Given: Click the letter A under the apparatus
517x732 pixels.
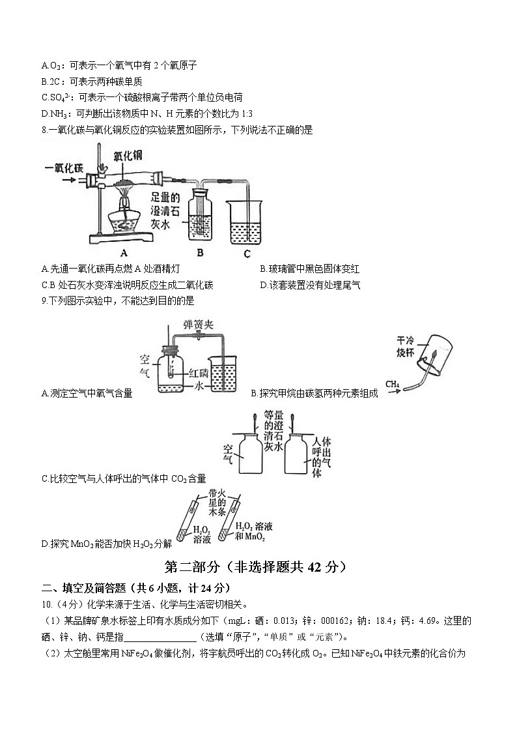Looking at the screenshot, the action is [x=123, y=253].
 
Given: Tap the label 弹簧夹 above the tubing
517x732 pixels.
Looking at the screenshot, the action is [x=197, y=324].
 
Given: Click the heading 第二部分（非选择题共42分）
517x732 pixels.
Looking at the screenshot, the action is [x=258, y=566].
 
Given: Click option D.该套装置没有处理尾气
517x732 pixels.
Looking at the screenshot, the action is [x=310, y=285].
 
